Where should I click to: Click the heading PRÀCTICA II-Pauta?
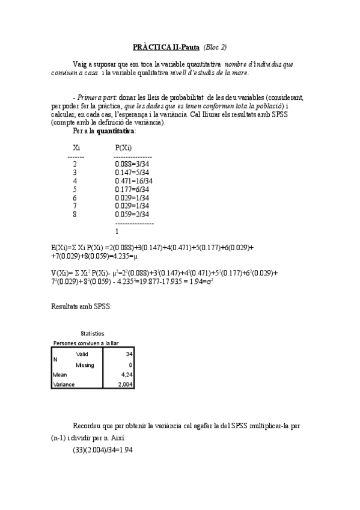coord(166,47)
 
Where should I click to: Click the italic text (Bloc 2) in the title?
coord(215,47)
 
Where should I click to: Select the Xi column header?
coord(76,147)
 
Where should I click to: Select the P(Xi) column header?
coord(123,147)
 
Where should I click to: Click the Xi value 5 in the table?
coord(75,189)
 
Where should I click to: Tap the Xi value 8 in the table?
coord(75,214)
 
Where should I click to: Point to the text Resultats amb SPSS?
coord(81,306)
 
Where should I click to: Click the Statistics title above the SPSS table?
coord(92,333)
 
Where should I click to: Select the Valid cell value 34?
coord(129,354)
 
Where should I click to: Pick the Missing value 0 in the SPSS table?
coord(130,364)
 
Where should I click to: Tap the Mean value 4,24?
coord(126,374)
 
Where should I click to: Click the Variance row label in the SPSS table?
coord(64,384)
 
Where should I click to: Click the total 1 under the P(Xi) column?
coord(117,231)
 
